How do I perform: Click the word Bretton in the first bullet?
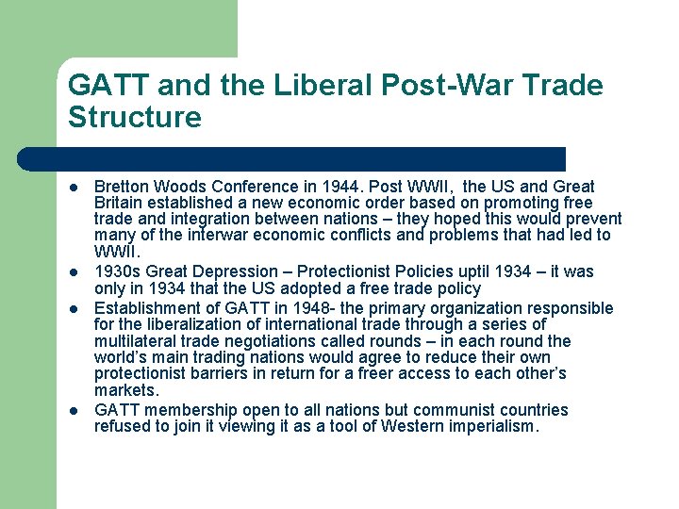pos(120,188)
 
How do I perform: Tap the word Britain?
pos(120,204)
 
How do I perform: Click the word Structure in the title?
pos(135,118)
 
